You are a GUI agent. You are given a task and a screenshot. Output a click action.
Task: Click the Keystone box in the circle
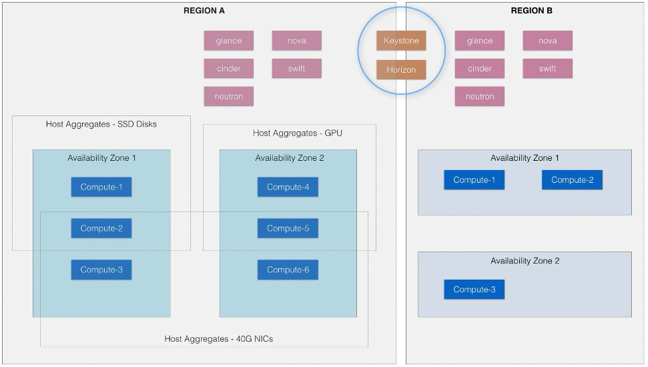pyautogui.click(x=401, y=41)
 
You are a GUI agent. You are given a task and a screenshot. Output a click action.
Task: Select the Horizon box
pyautogui.click(x=401, y=69)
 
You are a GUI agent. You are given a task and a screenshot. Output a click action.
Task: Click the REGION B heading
pyautogui.click(x=531, y=11)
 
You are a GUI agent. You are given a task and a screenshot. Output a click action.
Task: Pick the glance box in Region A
pyautogui.click(x=229, y=41)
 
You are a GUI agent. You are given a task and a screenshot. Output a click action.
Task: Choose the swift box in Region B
pyautogui.click(x=547, y=69)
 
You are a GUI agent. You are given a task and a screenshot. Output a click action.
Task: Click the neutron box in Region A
pyautogui.click(x=229, y=96)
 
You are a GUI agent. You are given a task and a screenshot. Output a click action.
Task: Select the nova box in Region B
pyautogui.click(x=547, y=41)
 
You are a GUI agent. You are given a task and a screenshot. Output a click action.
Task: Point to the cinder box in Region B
pyautogui.click(x=480, y=69)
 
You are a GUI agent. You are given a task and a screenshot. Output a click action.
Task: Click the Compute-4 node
pyautogui.click(x=288, y=187)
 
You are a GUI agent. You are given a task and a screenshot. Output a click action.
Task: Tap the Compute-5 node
pyautogui.click(x=288, y=228)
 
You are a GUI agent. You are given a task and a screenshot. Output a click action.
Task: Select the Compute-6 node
pyautogui.click(x=288, y=270)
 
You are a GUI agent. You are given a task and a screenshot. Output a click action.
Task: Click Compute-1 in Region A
pyautogui.click(x=101, y=187)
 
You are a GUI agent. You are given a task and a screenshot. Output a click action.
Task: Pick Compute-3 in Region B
pyautogui.click(x=474, y=289)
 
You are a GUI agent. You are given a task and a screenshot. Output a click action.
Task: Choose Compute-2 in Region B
pyautogui.click(x=572, y=179)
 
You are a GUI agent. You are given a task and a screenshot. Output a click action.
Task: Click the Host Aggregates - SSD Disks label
pyautogui.click(x=101, y=124)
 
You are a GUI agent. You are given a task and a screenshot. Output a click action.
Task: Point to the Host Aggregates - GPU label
pyautogui.click(x=298, y=133)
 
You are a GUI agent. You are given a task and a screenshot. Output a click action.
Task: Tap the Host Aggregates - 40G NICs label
pyautogui.click(x=219, y=339)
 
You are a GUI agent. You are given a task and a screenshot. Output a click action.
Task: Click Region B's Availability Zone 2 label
pyautogui.click(x=525, y=261)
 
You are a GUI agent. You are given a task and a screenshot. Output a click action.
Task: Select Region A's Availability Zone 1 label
pyautogui.click(x=101, y=158)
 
